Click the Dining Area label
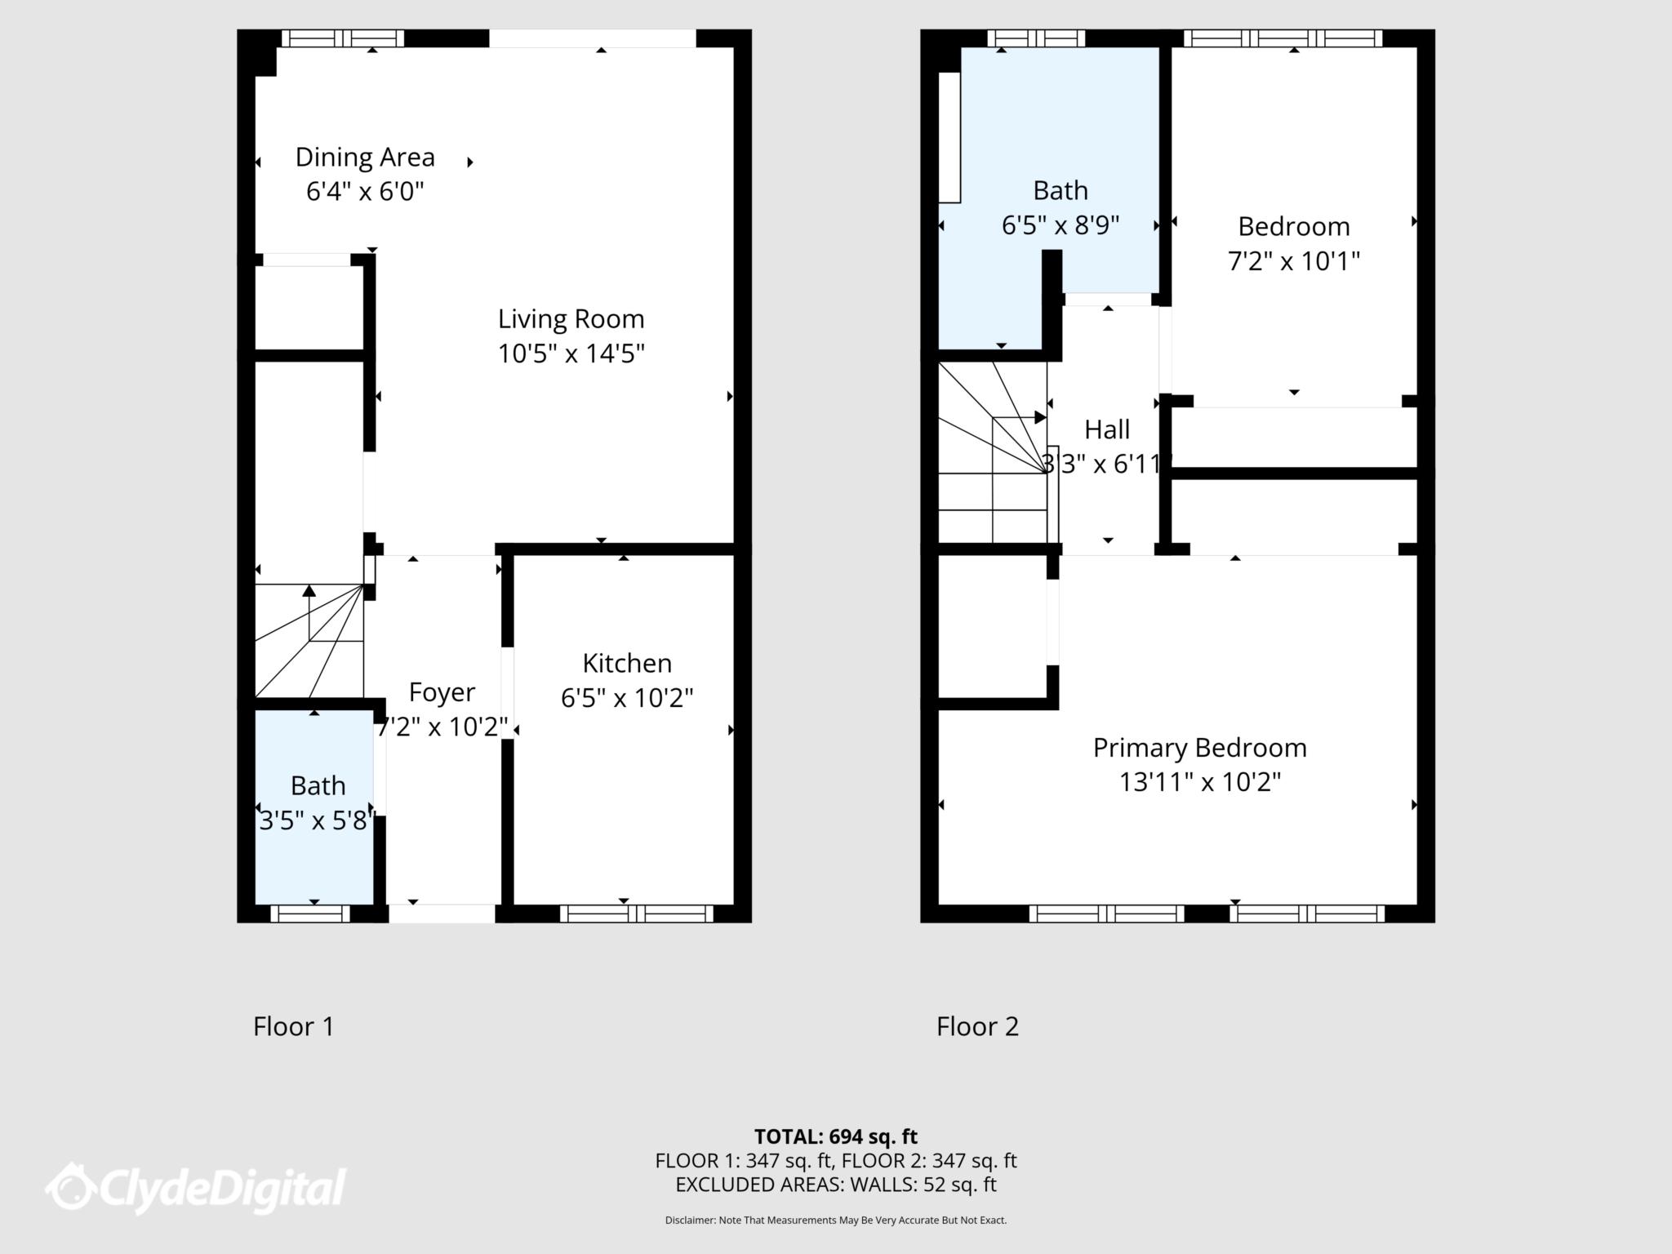pyautogui.click(x=365, y=157)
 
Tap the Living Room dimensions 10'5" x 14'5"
pyautogui.click(x=571, y=354)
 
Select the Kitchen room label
pyautogui.click(x=627, y=663)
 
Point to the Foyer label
pyautogui.click(x=442, y=692)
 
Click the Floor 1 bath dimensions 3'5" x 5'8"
pyautogui.click(x=317, y=820)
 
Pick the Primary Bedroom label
pyautogui.click(x=1199, y=748)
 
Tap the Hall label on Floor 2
pyautogui.click(x=1107, y=429)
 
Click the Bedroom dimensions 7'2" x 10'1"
pyautogui.click(x=1293, y=261)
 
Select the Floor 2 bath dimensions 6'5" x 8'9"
pyautogui.click(x=1060, y=225)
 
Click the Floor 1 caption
pyautogui.click(x=294, y=1026)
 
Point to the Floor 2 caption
pyautogui.click(x=977, y=1026)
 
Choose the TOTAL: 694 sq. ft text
pyautogui.click(x=835, y=1136)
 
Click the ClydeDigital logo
pyautogui.click(x=196, y=1188)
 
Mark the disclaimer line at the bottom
pyautogui.click(x=835, y=1221)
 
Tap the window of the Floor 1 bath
pyautogui.click(x=310, y=914)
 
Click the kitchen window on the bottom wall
pyautogui.click(x=637, y=914)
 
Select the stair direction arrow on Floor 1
pyautogui.click(x=309, y=590)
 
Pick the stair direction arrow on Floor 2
pyautogui.click(x=1040, y=418)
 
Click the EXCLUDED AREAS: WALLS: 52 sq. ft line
pyautogui.click(x=835, y=1185)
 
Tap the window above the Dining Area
pyautogui.click(x=343, y=38)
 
